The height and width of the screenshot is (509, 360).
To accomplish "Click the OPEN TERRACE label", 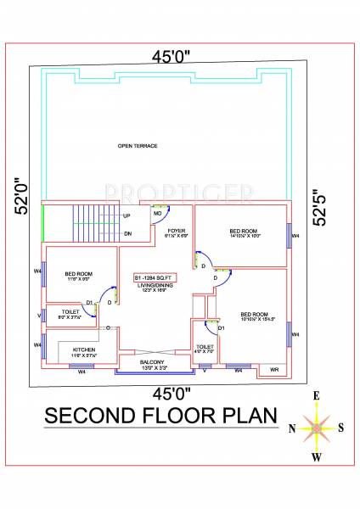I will coord(137,146).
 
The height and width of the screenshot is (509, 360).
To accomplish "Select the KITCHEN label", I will coord(83,349).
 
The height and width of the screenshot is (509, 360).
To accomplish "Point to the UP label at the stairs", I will coord(127,215).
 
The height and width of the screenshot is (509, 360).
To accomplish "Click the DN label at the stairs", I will coord(127,233).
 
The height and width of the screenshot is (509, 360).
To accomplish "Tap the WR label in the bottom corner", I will coord(274,370).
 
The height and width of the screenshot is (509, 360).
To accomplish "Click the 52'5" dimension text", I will coord(318,206).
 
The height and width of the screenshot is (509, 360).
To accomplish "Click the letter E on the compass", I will coord(316,395).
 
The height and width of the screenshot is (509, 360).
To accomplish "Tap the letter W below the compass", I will coord(316,458).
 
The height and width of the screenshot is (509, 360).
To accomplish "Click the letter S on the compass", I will coord(340,428).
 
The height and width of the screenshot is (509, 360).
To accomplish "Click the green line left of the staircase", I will coord(42,224).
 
